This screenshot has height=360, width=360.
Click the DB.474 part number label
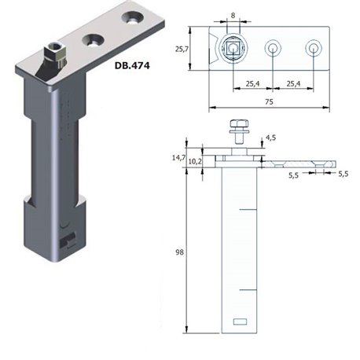point(132,65)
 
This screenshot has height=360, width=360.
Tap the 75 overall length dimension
point(269,101)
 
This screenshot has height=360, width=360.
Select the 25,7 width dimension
point(182,49)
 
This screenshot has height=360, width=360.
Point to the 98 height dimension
point(179,252)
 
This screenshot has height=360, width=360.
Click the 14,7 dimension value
point(178,157)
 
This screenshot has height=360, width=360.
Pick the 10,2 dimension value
point(195,161)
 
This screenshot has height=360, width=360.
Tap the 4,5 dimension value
point(271,138)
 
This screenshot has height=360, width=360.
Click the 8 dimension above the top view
point(233,16)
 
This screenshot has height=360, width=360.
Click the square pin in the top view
point(233,48)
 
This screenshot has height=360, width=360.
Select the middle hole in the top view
point(273,49)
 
